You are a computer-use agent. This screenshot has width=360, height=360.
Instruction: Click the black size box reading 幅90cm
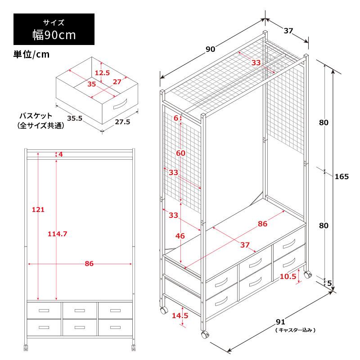click(54, 29)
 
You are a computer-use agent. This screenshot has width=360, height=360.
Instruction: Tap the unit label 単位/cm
click(31, 54)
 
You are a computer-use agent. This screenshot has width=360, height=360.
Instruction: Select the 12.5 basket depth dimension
click(103, 73)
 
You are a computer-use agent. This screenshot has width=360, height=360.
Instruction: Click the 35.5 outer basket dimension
click(75, 118)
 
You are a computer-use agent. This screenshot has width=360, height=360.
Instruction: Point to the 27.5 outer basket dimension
click(122, 121)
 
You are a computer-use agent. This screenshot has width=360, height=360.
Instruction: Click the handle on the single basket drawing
click(120, 104)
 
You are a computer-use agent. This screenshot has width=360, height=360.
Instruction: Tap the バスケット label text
click(36, 116)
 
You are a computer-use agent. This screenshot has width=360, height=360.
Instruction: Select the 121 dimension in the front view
click(38, 209)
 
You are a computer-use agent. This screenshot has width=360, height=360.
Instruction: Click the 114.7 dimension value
click(58, 234)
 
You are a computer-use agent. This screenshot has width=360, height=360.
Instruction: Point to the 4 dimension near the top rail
click(61, 154)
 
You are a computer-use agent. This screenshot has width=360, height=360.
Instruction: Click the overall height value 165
click(342, 176)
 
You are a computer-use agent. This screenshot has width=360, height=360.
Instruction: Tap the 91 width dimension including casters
click(280, 322)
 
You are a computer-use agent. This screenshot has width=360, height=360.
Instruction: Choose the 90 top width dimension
click(210, 49)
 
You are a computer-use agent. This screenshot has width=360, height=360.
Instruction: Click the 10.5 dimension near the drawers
click(288, 276)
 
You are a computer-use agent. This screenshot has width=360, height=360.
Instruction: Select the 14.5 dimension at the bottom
click(180, 315)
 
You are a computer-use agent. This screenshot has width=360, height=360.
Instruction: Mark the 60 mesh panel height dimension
click(181, 153)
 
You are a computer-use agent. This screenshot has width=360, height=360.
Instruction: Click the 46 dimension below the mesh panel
click(180, 236)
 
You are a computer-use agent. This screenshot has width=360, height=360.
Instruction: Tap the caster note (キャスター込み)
click(295, 330)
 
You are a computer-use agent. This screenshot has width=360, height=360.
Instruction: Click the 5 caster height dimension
click(329, 283)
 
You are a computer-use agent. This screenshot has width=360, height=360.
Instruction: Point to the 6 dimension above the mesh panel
click(176, 118)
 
